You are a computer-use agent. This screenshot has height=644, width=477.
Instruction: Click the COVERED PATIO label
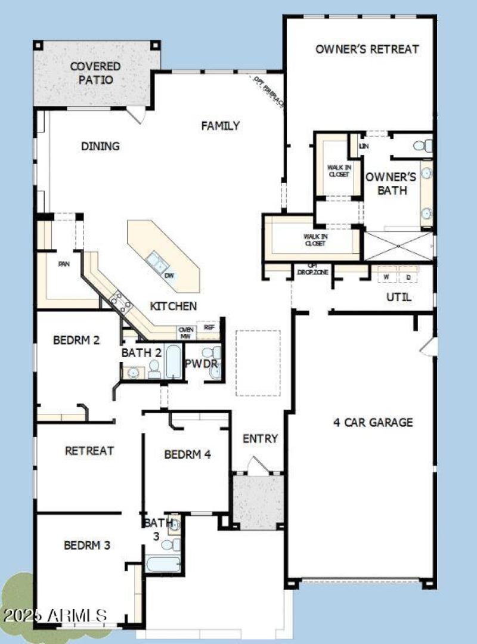click(95, 73)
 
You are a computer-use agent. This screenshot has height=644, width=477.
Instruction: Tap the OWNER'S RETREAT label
click(367, 49)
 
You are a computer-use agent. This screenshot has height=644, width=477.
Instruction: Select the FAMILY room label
click(220, 126)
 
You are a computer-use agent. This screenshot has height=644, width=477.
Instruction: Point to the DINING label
click(100, 146)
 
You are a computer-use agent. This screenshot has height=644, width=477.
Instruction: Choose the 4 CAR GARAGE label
click(373, 422)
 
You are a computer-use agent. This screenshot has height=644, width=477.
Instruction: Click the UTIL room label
click(399, 297)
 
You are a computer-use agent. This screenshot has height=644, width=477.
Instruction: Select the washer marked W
click(386, 277)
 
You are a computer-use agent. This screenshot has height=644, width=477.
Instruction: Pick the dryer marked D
click(408, 277)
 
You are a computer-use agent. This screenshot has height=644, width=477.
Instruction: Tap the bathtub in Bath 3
click(161, 563)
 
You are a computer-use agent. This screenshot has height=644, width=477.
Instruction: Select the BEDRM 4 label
click(187, 454)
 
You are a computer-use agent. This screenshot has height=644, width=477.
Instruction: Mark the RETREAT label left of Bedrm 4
click(89, 451)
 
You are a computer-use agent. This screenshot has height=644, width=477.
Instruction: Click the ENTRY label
click(260, 439)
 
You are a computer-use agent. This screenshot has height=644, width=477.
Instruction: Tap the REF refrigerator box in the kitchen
click(209, 327)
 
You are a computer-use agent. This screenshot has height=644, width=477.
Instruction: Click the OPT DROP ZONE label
click(311, 269)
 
